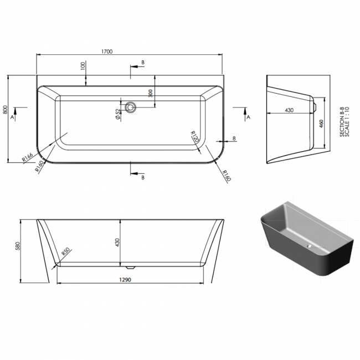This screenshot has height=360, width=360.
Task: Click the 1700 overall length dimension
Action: [x=107, y=51]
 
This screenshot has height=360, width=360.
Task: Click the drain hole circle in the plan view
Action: [x=131, y=107]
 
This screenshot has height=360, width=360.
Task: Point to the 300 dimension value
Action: [x=150, y=93]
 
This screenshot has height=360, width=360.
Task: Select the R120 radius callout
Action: [x=194, y=137]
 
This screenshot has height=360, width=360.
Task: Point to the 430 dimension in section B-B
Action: [x=289, y=110]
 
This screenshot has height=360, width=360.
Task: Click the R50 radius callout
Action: [x=65, y=253]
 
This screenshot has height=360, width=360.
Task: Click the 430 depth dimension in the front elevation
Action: [x=117, y=242]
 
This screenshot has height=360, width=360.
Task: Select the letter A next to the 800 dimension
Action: [x=14, y=117]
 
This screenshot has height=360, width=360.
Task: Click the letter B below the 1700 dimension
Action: [x=142, y=63]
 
